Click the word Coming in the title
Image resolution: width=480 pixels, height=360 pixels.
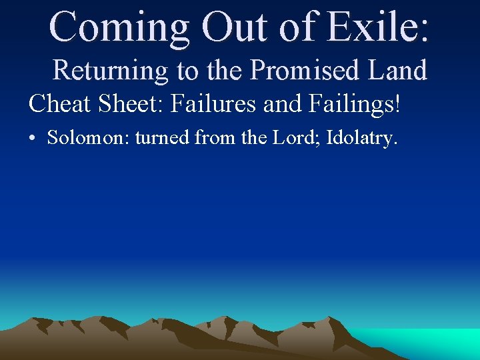pos(118,27)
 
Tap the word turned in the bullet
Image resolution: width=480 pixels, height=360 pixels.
pos(163,138)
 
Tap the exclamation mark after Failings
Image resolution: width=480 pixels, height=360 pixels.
pos(397,104)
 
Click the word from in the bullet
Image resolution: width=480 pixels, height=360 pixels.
pos(214,138)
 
